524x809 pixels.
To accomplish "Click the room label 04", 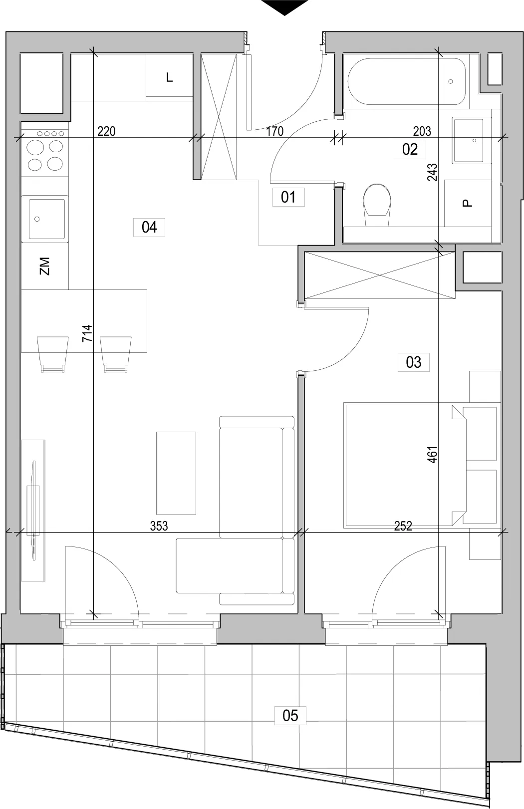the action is pos(149,227).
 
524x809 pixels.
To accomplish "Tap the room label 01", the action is pos(288,197).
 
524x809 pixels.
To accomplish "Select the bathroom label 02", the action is pos(410,149).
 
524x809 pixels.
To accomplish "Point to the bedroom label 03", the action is pos(414,362).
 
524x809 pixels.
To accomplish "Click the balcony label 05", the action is pos(290,716).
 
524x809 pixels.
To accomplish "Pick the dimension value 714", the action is pos(87,333).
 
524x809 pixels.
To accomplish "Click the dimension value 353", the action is pos(159,526).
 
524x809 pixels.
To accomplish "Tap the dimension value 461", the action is pos(432,455).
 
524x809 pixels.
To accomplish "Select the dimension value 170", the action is pos(275,131).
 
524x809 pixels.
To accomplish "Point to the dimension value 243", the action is pos(432,172).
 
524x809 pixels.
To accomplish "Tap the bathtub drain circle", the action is pos(450,82).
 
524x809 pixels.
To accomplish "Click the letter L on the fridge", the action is pos(169,77).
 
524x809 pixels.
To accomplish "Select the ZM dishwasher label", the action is pos(44,266).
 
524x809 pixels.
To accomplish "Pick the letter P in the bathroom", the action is pos(467,203).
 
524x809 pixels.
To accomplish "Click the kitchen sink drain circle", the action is pos(37,219).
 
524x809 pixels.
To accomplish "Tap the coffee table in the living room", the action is pos(176,473).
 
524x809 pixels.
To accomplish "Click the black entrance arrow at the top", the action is pos(284,7).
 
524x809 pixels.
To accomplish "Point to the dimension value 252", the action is pos(403,526).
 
